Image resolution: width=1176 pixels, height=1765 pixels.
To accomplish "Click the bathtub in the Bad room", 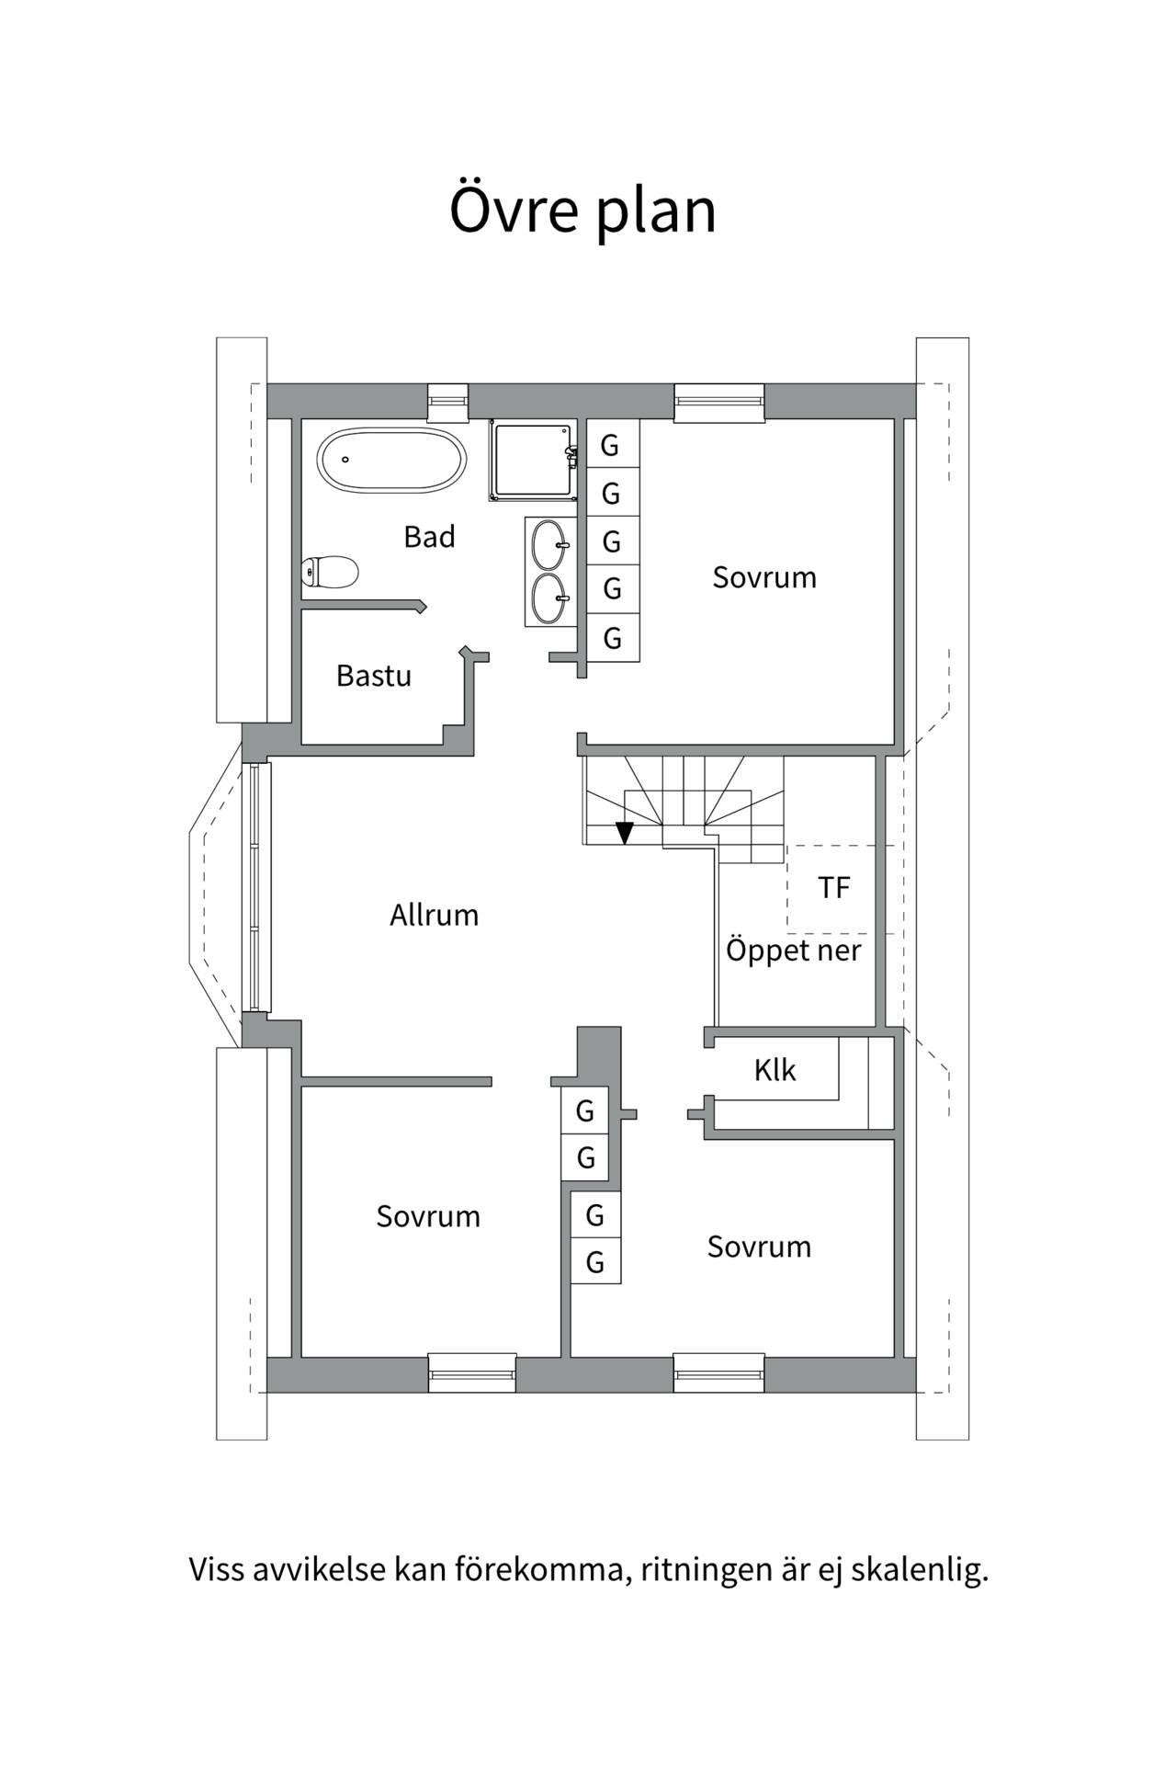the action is (392, 460).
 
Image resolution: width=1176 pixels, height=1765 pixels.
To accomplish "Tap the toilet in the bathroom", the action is (330, 572).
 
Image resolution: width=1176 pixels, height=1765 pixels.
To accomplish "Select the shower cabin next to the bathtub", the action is (535, 461).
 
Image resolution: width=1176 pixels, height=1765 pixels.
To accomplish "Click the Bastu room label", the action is (373, 676).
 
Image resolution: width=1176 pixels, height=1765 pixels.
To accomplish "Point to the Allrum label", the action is (434, 915).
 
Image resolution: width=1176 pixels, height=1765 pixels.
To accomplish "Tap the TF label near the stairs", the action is (834, 887).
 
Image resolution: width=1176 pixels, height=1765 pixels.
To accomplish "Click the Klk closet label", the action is (775, 1070).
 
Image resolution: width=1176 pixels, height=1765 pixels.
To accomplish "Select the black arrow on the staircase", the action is (625, 832).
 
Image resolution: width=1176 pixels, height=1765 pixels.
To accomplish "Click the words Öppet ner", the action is (794, 950).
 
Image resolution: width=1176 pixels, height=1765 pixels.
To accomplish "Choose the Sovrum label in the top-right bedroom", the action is (764, 577).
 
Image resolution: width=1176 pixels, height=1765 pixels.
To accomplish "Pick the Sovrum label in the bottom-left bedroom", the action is (428, 1216).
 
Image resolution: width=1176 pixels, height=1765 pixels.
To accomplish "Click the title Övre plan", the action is (582, 210).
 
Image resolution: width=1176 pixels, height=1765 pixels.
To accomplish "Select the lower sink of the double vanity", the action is (550, 598).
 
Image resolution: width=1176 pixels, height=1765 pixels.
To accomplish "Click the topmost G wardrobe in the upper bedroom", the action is (612, 445).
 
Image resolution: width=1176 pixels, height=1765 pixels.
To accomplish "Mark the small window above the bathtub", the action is (448, 401).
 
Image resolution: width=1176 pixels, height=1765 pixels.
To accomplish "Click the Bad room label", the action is (429, 537).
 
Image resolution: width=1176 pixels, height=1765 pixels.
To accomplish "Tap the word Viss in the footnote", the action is (215, 1569).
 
